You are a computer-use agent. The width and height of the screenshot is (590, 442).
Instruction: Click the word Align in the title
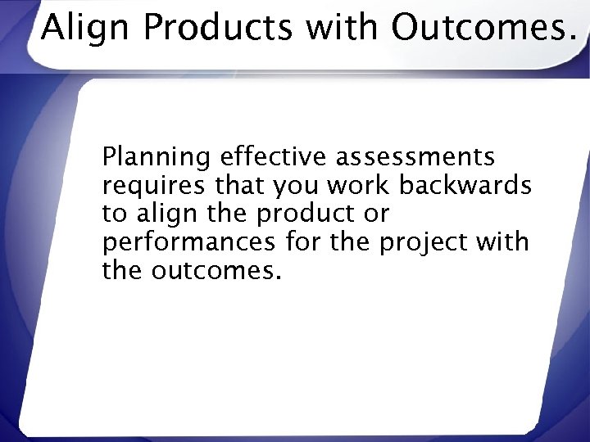pos(82,29)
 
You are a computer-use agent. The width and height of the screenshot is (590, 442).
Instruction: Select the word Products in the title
pos(216,29)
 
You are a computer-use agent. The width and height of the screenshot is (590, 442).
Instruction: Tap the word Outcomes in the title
pos(479,29)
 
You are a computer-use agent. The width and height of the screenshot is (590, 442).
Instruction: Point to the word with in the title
pos(344,29)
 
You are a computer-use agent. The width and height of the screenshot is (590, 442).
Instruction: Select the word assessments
pos(414,157)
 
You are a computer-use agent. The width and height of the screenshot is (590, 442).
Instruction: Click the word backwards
pos(465,186)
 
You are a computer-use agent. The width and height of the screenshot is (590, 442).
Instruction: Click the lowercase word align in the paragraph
pos(160,214)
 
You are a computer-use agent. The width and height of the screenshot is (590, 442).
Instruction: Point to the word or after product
pos(378,214)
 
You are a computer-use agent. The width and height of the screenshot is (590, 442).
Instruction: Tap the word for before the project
pos(303,242)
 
